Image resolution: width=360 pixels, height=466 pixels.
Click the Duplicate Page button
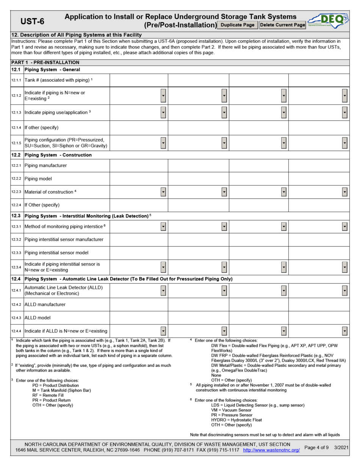click(x=238, y=25)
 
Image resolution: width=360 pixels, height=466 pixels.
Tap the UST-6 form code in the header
click(x=32, y=21)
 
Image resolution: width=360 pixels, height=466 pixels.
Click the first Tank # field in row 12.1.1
click(x=139, y=80)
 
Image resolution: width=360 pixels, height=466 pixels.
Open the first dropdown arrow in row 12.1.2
click(x=163, y=96)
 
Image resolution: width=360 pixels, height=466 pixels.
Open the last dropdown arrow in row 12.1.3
click(x=344, y=112)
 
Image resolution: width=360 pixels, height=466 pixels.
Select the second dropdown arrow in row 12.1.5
click(x=224, y=143)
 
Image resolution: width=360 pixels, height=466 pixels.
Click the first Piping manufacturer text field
click(x=139, y=165)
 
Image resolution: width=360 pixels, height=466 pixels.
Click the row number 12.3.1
click(x=17, y=226)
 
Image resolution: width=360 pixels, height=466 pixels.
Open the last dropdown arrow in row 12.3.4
click(x=344, y=267)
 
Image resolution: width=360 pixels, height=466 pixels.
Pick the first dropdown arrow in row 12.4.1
click(x=163, y=291)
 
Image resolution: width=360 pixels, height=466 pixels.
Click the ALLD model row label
click(x=38, y=317)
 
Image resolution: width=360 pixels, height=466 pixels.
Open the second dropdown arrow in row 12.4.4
click(x=224, y=330)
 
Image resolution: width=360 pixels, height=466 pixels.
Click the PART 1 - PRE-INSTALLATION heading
click(x=45, y=62)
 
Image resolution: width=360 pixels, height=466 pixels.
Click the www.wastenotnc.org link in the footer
click(x=271, y=450)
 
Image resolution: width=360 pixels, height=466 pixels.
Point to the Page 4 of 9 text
click(x=316, y=447)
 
